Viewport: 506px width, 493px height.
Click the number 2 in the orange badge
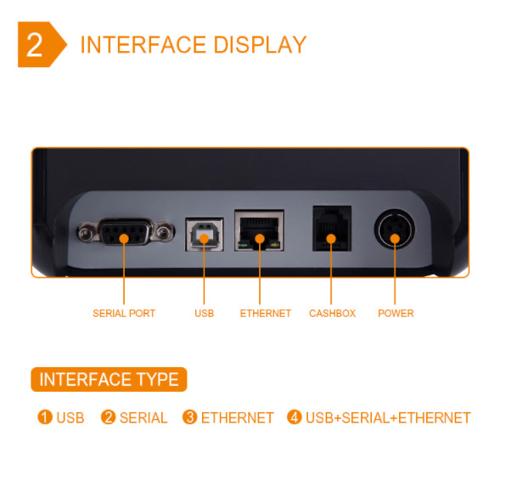pyautogui.click(x=34, y=44)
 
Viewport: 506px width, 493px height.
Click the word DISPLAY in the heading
pyautogui.click(x=260, y=44)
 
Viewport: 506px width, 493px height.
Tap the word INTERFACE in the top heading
pyautogui.click(x=143, y=44)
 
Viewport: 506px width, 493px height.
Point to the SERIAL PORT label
pyautogui.click(x=124, y=314)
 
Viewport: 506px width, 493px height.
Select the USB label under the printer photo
pyautogui.click(x=204, y=314)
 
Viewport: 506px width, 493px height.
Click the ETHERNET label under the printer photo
pyautogui.click(x=265, y=314)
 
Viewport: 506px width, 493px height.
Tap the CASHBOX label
pyautogui.click(x=332, y=314)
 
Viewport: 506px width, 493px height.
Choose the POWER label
pyautogui.click(x=396, y=314)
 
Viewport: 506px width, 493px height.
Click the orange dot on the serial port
pyautogui.click(x=124, y=238)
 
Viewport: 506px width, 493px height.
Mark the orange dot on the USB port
pyautogui.click(x=204, y=238)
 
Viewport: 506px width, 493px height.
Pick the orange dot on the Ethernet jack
pyautogui.click(x=260, y=238)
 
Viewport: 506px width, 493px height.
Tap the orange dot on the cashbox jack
pyautogui.click(x=331, y=238)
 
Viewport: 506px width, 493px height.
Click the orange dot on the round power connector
pyautogui.click(x=395, y=238)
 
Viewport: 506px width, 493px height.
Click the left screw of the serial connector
pyautogui.click(x=85, y=233)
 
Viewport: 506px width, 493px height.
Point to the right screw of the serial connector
pyautogui.click(x=163, y=232)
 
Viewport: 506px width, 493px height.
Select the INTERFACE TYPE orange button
pyautogui.click(x=109, y=379)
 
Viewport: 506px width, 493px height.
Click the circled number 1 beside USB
pyautogui.click(x=45, y=416)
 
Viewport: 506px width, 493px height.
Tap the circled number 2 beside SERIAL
pyautogui.click(x=108, y=416)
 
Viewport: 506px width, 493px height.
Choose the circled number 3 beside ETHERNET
pyautogui.click(x=190, y=416)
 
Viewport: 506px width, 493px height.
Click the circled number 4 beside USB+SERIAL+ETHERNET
pyautogui.click(x=295, y=416)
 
